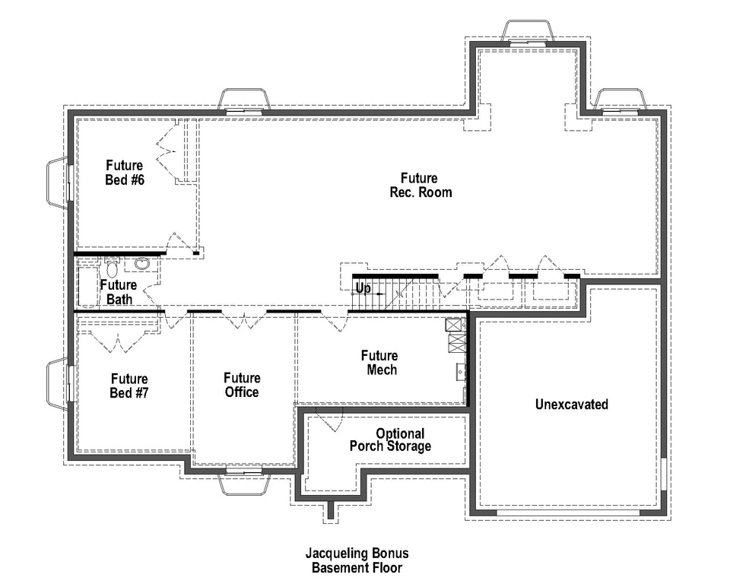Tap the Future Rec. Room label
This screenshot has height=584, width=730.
click(415, 186)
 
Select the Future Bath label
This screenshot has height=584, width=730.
click(119, 292)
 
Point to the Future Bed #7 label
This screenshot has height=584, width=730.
click(129, 386)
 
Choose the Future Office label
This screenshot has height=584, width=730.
click(241, 385)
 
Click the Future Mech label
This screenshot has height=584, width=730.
click(379, 363)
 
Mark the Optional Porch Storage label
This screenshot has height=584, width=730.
click(389, 440)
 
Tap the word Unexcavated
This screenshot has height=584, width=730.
click(571, 405)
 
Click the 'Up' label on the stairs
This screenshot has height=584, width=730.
click(363, 289)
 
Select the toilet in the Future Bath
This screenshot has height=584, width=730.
click(112, 268)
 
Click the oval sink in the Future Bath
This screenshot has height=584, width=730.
click(142, 265)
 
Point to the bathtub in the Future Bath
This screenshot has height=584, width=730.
click(87, 285)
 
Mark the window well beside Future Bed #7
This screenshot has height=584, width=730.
click(57, 385)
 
